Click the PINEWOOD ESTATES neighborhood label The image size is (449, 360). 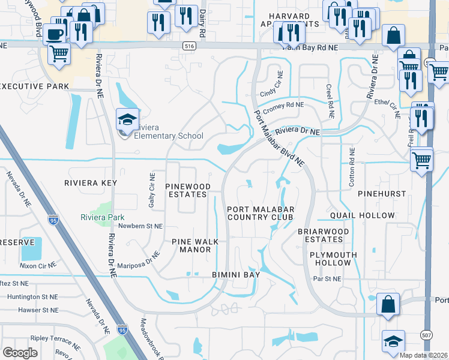[188, 191]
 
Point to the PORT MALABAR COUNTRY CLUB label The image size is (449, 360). [260, 212]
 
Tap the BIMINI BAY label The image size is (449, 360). [236, 275]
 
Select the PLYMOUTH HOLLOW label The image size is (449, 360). [333, 259]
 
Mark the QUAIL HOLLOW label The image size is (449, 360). [362, 215]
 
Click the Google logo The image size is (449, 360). [20, 353]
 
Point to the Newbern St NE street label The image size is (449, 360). [140, 227]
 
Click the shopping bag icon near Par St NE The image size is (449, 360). [388, 304]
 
